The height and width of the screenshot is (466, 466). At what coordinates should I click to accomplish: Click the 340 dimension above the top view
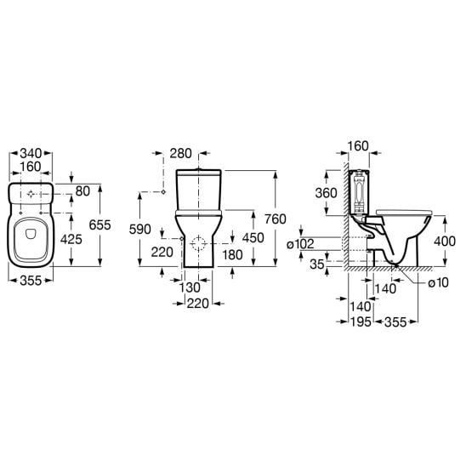[x=31, y=154]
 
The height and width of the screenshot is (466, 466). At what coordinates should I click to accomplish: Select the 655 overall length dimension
[x=99, y=225]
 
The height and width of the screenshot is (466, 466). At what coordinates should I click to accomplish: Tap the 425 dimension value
[x=71, y=239]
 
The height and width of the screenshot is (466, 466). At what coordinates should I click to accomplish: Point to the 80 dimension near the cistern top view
[x=82, y=191]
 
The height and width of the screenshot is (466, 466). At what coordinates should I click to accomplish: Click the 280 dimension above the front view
[x=180, y=154]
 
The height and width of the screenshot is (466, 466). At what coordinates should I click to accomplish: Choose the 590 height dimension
[x=140, y=230]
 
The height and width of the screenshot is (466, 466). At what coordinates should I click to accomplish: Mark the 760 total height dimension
[x=276, y=219]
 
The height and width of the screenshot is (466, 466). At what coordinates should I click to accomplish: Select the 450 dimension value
[x=253, y=238]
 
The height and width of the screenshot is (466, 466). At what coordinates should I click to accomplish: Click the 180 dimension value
[x=232, y=255]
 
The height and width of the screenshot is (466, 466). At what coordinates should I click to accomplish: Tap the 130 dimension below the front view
[x=190, y=287]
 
